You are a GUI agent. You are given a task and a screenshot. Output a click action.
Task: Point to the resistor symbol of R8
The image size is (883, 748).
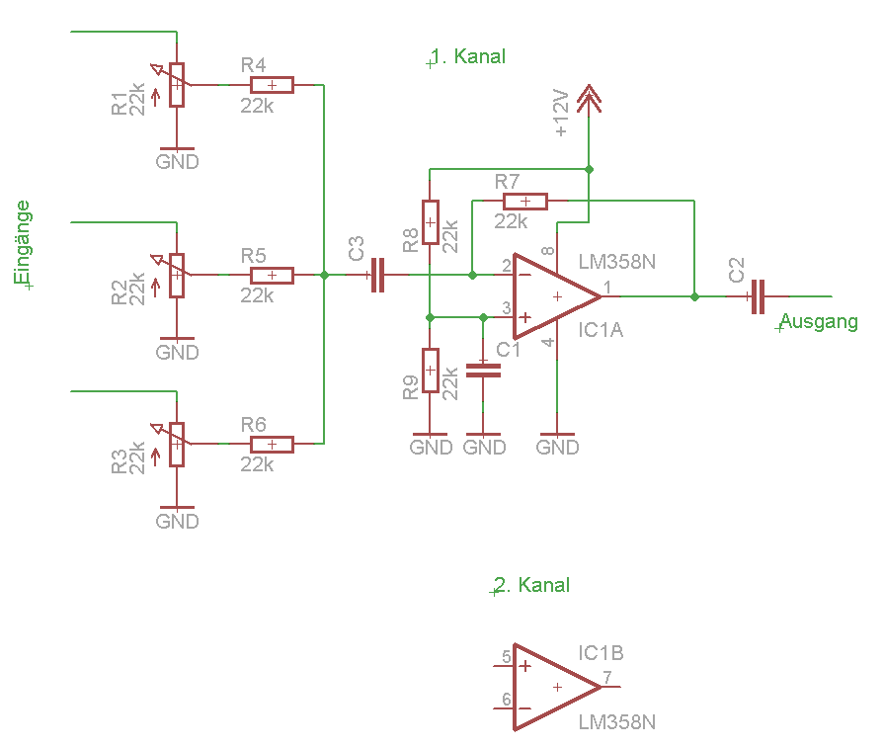tap(431, 222)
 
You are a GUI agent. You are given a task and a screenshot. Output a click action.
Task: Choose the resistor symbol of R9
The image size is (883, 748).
tap(431, 371)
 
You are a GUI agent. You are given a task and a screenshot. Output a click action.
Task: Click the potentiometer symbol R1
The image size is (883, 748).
tap(177, 85)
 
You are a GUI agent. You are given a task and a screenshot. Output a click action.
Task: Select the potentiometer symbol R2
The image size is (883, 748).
tap(177, 276)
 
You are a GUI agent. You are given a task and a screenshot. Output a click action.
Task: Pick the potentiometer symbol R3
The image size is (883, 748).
tap(177, 444)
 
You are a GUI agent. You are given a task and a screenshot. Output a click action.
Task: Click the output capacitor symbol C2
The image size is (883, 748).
tap(758, 296)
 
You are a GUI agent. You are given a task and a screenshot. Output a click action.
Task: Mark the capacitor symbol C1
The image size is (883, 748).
tap(484, 371)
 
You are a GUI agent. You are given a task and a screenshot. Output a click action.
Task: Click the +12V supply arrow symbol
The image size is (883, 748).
tap(589, 97)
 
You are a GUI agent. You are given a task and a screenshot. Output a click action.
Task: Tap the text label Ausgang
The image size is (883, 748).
tap(819, 322)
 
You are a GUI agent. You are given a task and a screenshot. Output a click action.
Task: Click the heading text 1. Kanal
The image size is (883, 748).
tap(468, 57)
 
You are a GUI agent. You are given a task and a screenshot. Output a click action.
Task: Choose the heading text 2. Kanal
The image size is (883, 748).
tap(532, 585)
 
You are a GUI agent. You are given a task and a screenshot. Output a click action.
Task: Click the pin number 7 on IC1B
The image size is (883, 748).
tap(607, 678)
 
